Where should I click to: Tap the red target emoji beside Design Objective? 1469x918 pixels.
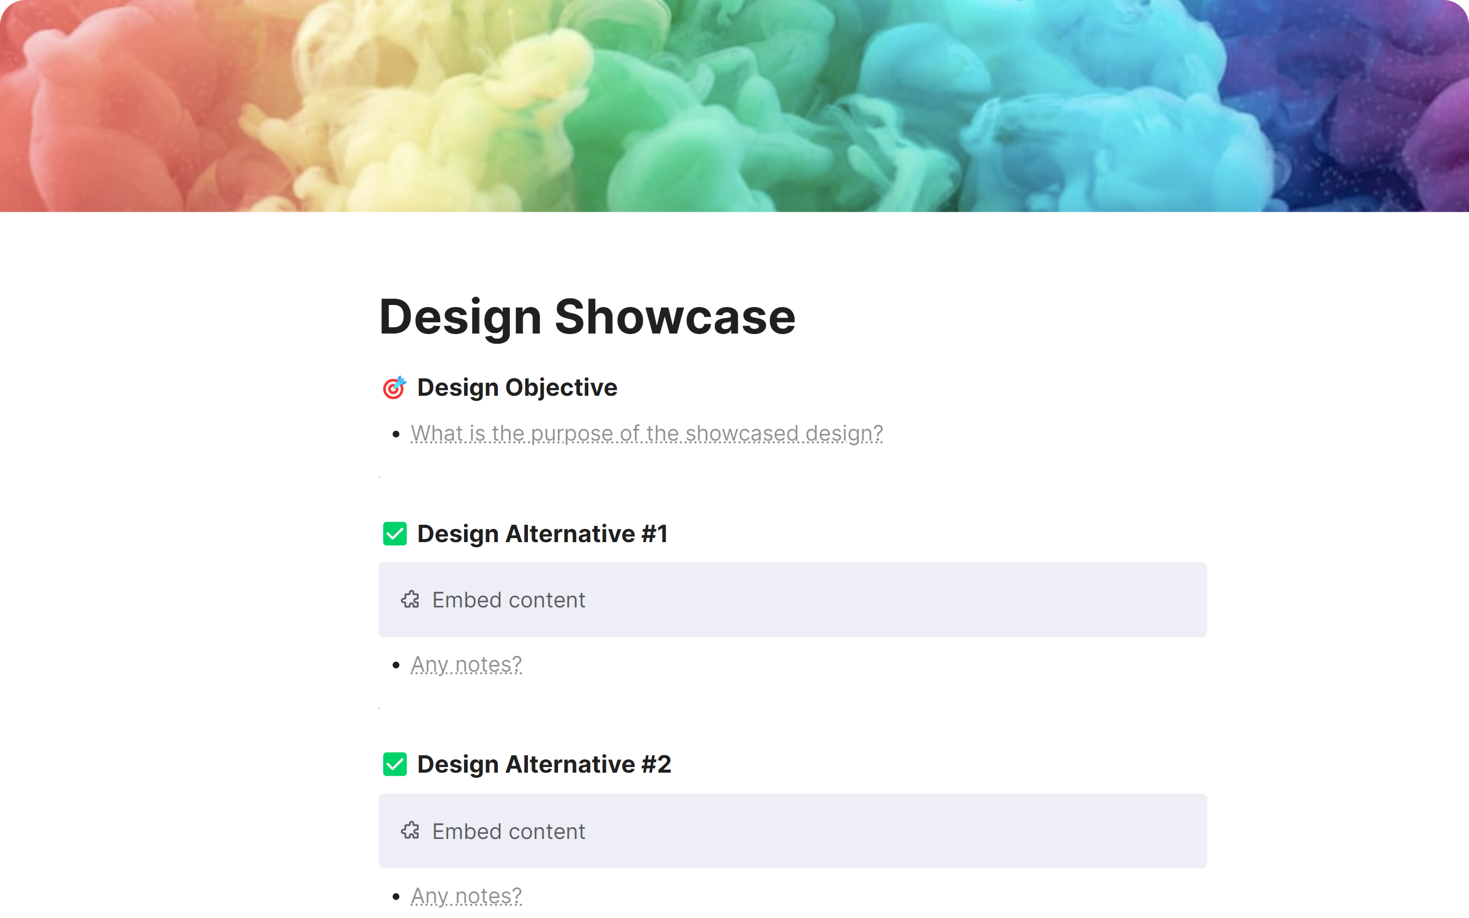tap(394, 388)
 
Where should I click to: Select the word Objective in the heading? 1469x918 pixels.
tap(561, 388)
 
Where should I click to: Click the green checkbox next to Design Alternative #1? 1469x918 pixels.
tap(395, 533)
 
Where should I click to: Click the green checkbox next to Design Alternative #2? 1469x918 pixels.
tap(395, 764)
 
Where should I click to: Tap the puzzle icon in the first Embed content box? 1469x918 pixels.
tap(410, 600)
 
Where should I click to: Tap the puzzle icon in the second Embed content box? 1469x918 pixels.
tap(410, 831)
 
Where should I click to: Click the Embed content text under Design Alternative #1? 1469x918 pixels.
tap(509, 600)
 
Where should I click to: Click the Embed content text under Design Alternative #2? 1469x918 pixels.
tap(509, 831)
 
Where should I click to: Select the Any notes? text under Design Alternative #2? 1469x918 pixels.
tap(466, 896)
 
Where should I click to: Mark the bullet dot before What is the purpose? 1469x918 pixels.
tap(396, 434)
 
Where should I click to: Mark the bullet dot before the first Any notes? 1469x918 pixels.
tap(396, 666)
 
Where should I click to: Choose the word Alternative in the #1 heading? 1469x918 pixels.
tap(570, 533)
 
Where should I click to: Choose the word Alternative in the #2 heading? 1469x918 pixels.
tap(570, 764)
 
